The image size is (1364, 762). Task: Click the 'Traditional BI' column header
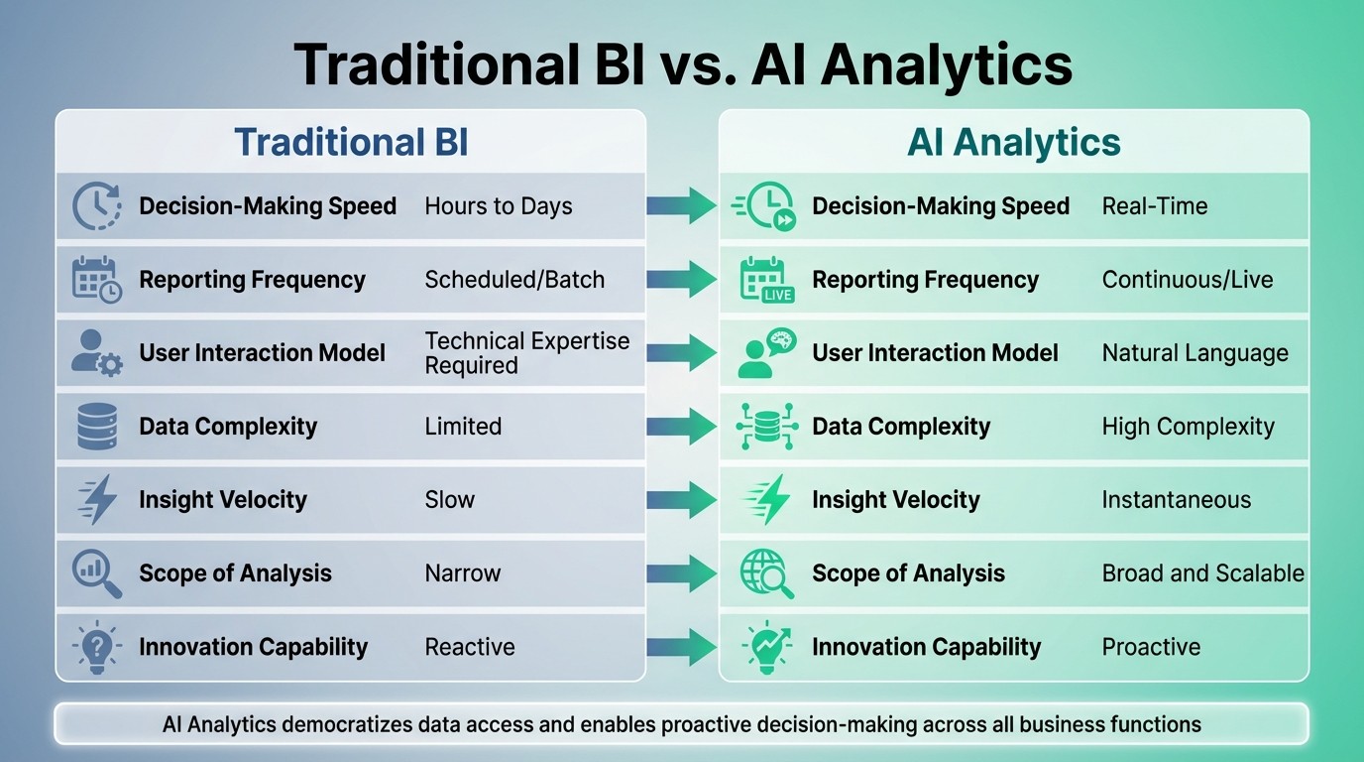(351, 142)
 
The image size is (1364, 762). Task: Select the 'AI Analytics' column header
(1013, 142)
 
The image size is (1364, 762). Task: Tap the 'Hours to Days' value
(498, 206)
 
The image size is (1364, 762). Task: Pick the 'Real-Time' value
(1154, 206)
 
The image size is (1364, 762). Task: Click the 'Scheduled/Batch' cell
(513, 280)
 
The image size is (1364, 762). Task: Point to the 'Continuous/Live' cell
(1187, 280)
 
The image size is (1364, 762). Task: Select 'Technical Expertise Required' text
(526, 353)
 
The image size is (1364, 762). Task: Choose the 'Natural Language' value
(1194, 353)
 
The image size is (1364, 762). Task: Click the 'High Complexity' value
(1188, 427)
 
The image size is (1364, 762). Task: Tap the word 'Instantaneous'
(1176, 500)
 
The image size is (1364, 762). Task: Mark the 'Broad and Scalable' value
(1202, 573)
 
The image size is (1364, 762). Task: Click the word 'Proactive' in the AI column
(1150, 647)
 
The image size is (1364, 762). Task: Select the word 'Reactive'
(469, 647)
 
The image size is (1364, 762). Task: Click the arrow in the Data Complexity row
(681, 427)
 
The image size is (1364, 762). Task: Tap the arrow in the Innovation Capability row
(681, 647)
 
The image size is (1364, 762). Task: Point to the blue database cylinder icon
(97, 427)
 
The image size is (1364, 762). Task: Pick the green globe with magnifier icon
(766, 573)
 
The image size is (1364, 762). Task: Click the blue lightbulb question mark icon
(97, 648)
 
